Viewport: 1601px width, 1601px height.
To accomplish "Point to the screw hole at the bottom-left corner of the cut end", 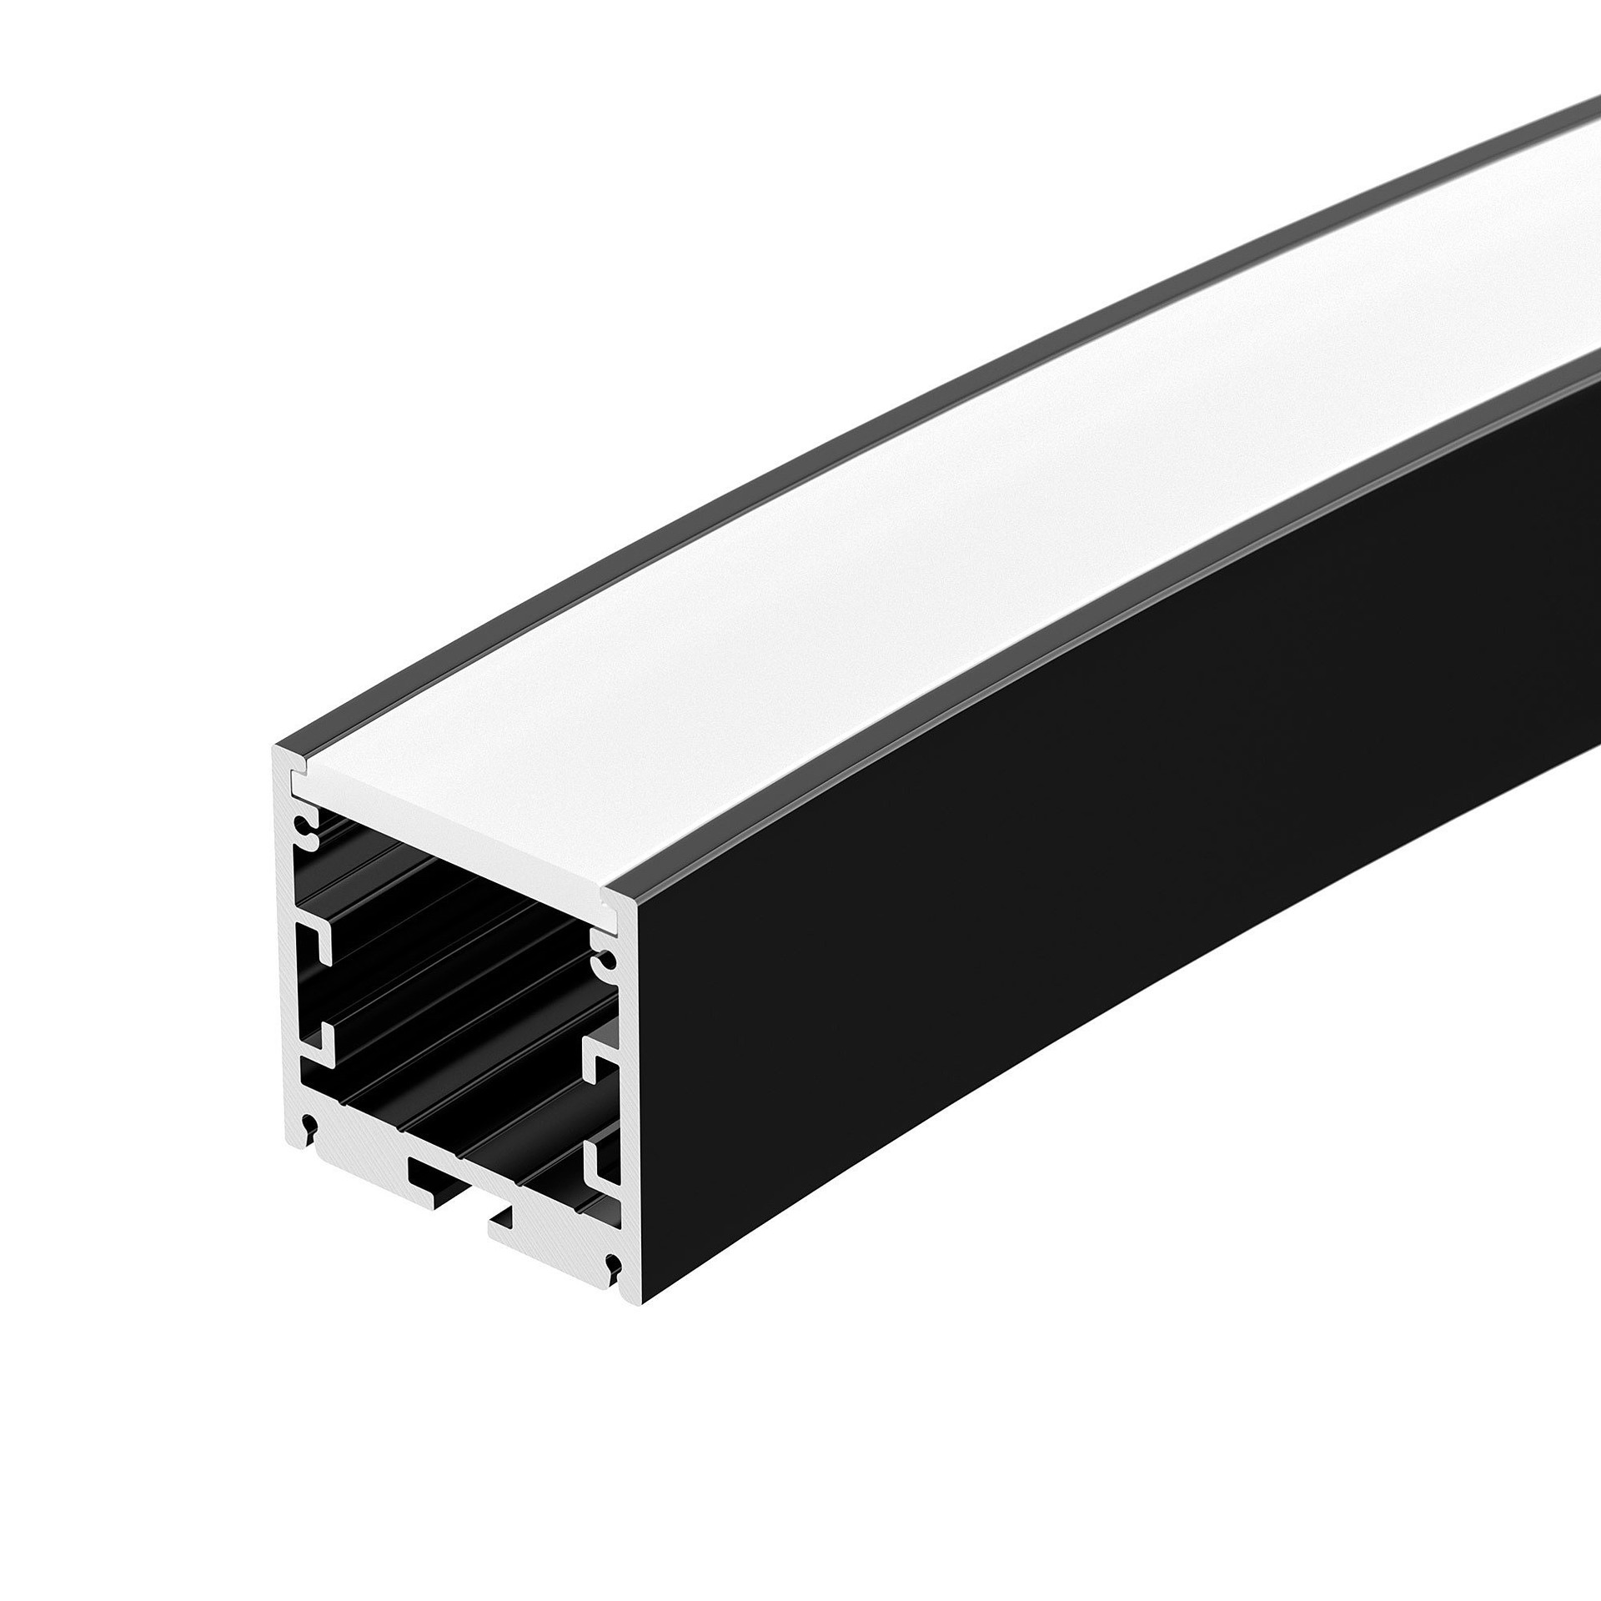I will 310,1124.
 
